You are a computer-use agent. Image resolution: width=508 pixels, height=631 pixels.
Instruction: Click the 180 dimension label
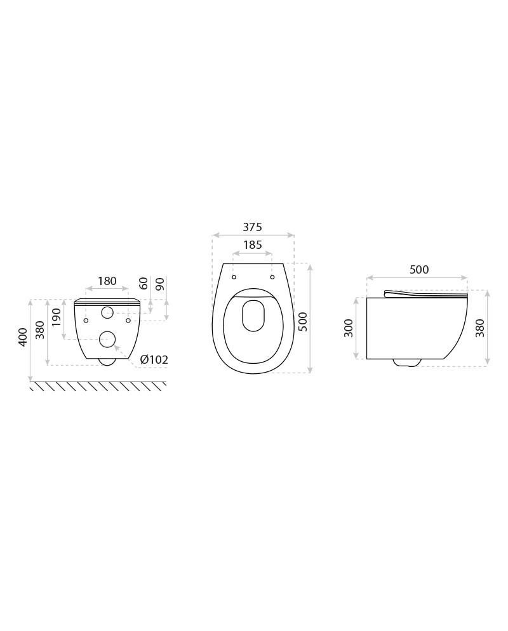pyautogui.click(x=107, y=281)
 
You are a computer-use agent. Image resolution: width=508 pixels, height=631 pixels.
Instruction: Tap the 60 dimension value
pyautogui.click(x=144, y=284)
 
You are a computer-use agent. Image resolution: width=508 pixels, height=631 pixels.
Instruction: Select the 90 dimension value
pyautogui.click(x=160, y=284)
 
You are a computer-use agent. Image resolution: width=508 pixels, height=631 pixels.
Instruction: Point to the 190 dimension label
pyautogui.click(x=57, y=317)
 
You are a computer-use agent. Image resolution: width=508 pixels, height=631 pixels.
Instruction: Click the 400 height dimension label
pyautogui.click(x=23, y=337)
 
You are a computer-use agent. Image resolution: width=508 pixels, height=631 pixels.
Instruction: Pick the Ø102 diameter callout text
pyautogui.click(x=154, y=359)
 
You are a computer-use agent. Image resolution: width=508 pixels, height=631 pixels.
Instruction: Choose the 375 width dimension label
pyautogui.click(x=252, y=227)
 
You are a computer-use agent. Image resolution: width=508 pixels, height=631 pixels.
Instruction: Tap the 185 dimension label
pyautogui.click(x=253, y=244)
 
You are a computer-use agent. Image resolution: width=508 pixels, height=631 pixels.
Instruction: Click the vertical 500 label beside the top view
pyautogui.click(x=304, y=322)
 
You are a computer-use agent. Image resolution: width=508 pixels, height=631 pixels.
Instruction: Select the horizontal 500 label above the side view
pyautogui.click(x=419, y=269)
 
